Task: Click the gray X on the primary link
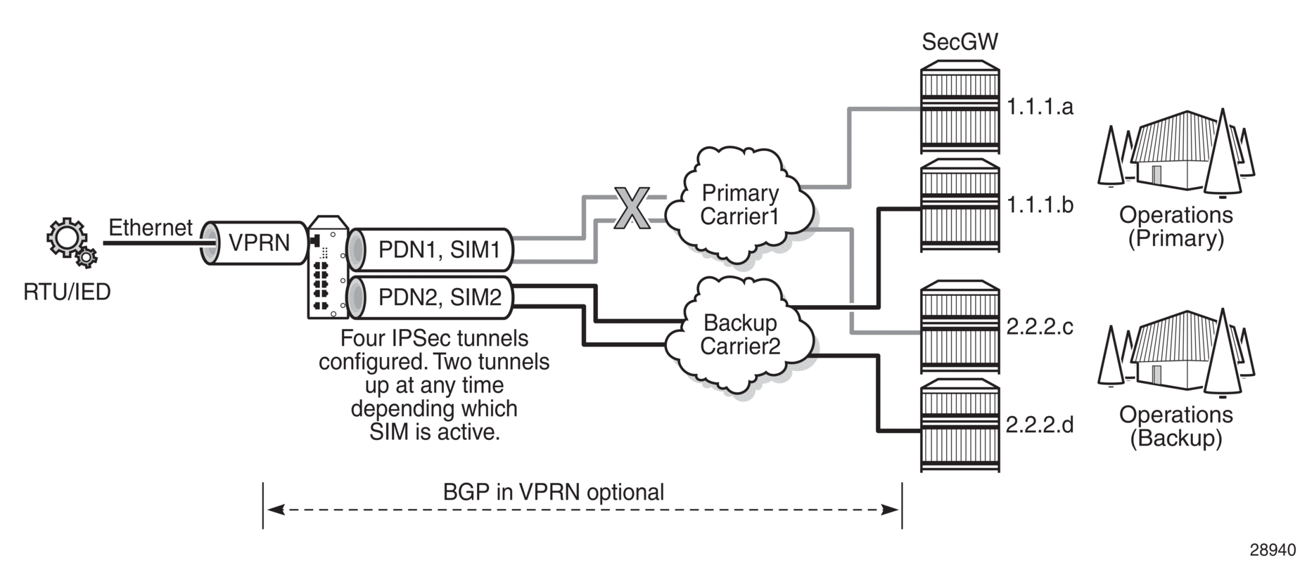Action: pos(632,208)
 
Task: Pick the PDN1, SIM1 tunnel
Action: pos(431,250)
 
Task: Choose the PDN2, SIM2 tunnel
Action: pos(431,297)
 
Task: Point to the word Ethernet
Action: pos(150,228)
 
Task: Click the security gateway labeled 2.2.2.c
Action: pos(960,327)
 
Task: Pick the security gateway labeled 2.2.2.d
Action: pos(960,425)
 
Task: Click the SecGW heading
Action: pos(960,42)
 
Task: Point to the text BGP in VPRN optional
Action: pos(553,492)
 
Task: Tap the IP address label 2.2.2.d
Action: pos(1040,425)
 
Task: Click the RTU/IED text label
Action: pos(67,292)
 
